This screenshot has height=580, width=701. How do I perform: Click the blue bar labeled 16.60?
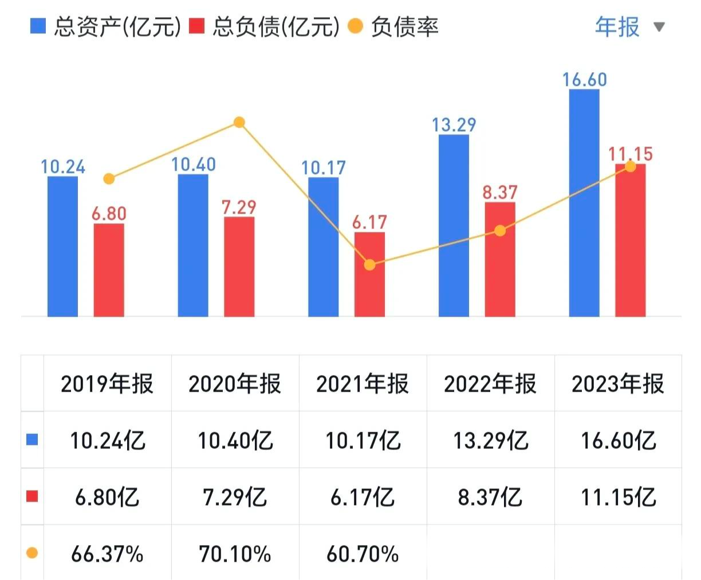[x=584, y=203]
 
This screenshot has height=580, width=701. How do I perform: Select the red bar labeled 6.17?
[x=369, y=274]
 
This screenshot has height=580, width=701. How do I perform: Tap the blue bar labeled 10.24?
[x=62, y=246]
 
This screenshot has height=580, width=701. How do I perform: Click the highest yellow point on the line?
[x=239, y=122]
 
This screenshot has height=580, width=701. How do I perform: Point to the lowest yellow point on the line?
[x=370, y=265]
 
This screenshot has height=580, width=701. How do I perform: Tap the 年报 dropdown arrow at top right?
[x=659, y=27]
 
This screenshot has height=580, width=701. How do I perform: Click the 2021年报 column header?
[x=363, y=384]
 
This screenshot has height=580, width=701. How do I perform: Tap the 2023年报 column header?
[x=618, y=384]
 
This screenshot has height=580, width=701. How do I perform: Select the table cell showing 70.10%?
[x=235, y=554]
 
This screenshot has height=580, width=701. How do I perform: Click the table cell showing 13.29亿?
[x=491, y=440]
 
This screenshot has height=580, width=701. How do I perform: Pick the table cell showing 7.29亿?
[x=235, y=497]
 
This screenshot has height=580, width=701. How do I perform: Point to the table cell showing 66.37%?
[x=107, y=554]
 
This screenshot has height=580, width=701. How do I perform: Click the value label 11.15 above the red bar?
[x=630, y=153]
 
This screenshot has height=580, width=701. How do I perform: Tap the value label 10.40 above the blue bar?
[x=194, y=164]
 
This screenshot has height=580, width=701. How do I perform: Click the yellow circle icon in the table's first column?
[x=32, y=553]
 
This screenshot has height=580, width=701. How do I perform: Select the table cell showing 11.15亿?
[x=619, y=497]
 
